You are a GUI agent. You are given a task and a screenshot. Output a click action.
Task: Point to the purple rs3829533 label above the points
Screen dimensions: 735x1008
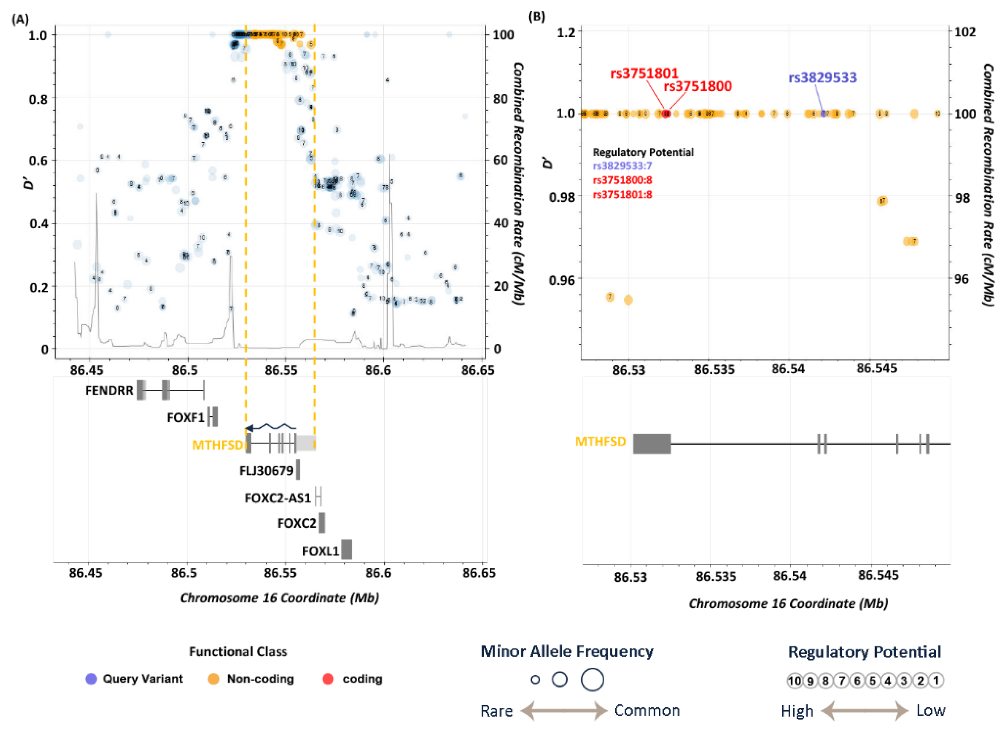tap(822, 78)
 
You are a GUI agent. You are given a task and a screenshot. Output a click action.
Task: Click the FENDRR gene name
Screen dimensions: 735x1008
tap(109, 390)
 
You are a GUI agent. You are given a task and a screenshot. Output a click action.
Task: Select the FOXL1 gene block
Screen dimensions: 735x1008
tap(347, 549)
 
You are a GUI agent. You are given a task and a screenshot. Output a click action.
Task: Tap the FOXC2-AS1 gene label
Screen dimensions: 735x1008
tap(278, 497)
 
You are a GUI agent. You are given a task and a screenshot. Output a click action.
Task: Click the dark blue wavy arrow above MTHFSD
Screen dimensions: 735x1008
tap(271, 427)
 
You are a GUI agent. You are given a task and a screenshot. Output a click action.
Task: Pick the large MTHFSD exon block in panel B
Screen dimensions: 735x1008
tap(651, 444)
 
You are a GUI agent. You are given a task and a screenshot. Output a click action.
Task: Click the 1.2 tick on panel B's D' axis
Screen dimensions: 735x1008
tap(566, 32)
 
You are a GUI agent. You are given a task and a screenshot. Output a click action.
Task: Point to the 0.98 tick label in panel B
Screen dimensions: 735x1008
tap(562, 197)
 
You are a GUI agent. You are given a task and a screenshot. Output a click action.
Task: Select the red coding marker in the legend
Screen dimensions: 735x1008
tap(328, 679)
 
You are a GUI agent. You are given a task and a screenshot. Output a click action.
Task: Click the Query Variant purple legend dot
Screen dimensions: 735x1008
tap(91, 679)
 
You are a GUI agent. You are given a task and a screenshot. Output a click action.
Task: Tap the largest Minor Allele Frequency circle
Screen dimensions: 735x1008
tap(592, 679)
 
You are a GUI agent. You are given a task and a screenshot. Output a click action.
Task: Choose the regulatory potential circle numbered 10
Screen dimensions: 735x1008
tap(794, 681)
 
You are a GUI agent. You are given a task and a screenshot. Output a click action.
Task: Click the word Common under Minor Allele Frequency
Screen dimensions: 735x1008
tap(647, 711)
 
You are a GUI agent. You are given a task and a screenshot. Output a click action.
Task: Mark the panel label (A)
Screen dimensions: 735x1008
tap(20, 19)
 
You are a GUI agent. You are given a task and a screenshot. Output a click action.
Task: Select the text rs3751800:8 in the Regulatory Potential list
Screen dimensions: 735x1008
tap(622, 180)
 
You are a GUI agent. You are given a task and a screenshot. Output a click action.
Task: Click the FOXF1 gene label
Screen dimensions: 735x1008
tap(185, 417)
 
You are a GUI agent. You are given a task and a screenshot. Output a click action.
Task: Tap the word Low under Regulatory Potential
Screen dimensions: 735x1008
tap(930, 711)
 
